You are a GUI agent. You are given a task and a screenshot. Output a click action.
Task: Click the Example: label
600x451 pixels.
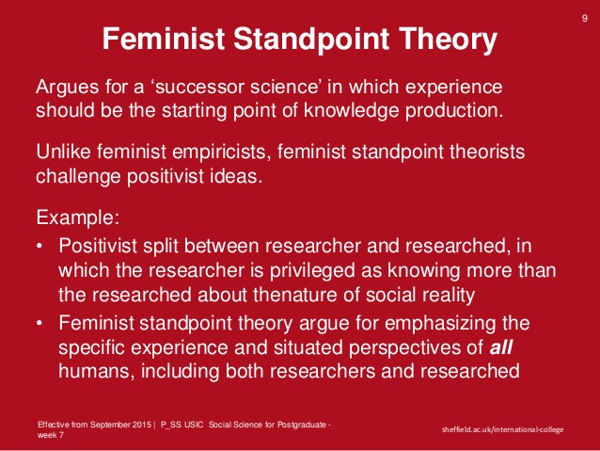(78, 219)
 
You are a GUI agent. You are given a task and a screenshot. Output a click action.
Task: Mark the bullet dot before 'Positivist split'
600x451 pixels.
(40, 247)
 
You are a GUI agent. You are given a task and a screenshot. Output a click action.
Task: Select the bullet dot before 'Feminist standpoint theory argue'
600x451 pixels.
(40, 323)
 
